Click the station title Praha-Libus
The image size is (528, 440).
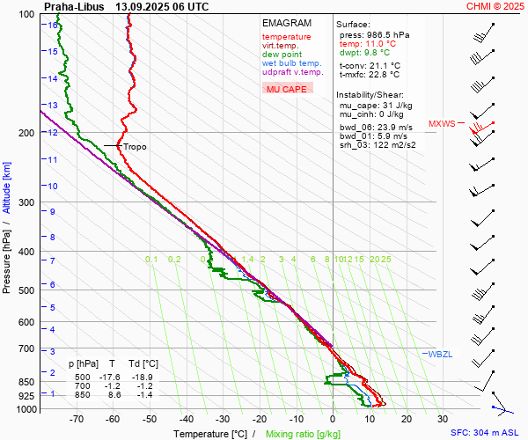tap(73, 6)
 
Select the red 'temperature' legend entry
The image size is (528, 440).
tap(286, 37)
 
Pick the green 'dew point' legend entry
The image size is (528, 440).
tap(282, 55)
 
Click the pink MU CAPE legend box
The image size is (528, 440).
tap(287, 89)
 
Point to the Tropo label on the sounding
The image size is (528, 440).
tap(135, 147)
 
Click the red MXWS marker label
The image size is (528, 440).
tap(442, 124)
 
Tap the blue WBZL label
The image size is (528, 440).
tap(439, 354)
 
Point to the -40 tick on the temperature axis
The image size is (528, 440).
tap(186, 419)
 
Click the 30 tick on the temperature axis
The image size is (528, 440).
tap(443, 419)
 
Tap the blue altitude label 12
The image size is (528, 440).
tap(54, 133)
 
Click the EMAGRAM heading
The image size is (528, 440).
tap(282, 23)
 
